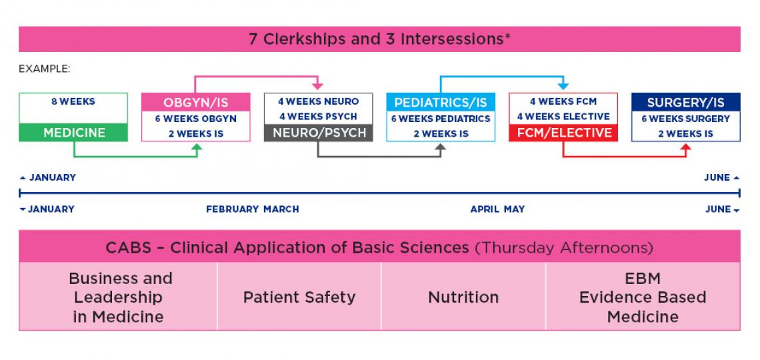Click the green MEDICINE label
pos(74,133)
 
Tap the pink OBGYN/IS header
pos(196,103)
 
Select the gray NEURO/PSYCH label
pos(319,133)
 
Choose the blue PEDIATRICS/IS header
pos(441,103)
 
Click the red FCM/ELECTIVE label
pos(563,133)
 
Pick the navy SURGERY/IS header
pos(685,103)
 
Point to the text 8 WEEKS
pos(73,102)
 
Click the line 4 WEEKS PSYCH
pos(318,117)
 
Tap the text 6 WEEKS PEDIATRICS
pos(441,119)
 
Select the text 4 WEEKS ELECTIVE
pos(563,117)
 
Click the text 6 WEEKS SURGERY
pos(685,119)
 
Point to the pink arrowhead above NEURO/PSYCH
pos(318,87)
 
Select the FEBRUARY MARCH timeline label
pos(252,209)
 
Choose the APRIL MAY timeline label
pos(497,209)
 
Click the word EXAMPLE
pos(45,69)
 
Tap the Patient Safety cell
pos(299,297)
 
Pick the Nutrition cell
pos(463,297)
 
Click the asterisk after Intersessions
pos(508,37)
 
